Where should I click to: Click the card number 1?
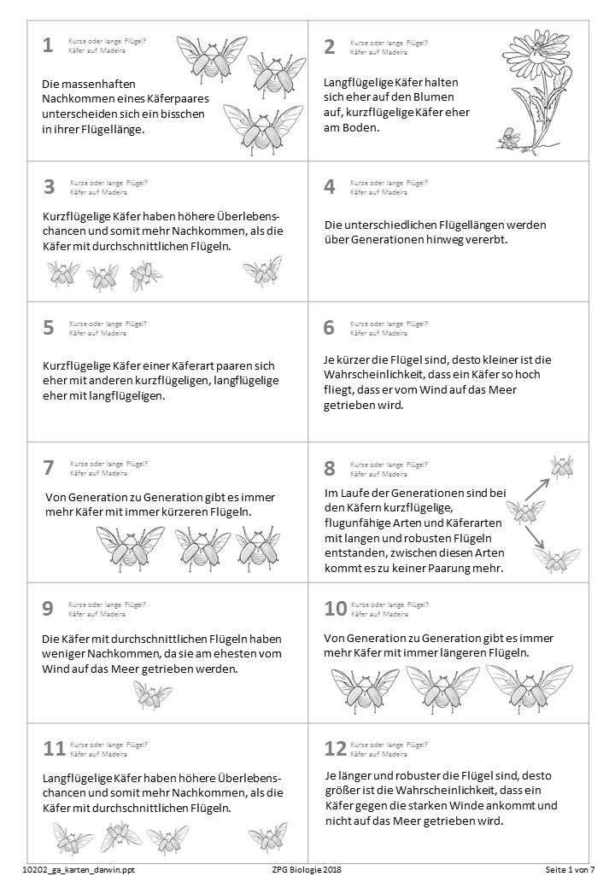pyautogui.click(x=48, y=46)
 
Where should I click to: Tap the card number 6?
pyautogui.click(x=330, y=328)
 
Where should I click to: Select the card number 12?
pyautogui.click(x=335, y=749)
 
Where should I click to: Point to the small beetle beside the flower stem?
pyautogui.click(x=511, y=137)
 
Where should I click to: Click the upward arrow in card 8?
pyautogui.click(x=536, y=488)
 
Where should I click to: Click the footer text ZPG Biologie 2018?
pyautogui.click(x=307, y=870)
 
